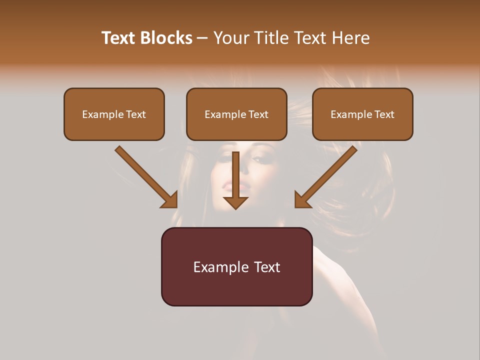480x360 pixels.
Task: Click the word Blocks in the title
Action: (167, 38)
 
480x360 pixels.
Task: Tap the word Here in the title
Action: (351, 38)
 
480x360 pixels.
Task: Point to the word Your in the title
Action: (232, 38)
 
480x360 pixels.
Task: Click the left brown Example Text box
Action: (114, 114)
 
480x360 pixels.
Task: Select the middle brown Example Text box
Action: (236, 114)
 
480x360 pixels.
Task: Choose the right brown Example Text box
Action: (362, 114)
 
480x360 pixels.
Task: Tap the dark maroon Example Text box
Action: (236, 267)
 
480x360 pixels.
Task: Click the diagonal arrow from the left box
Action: (142, 173)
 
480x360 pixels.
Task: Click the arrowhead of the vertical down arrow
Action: (235, 202)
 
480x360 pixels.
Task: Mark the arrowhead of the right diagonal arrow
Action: (301, 200)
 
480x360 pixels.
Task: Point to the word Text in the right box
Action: (384, 114)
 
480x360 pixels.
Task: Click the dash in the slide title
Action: (202, 38)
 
